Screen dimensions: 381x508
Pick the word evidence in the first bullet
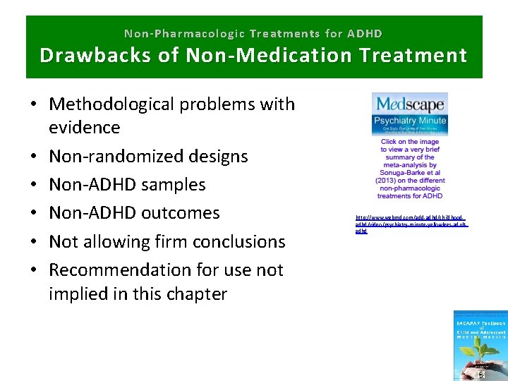pyautogui.click(x=84, y=128)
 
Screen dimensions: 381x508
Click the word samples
pyautogui.click(x=172, y=185)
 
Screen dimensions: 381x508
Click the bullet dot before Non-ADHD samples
pyautogui.click(x=34, y=186)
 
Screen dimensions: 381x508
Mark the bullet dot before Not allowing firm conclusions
pyautogui.click(x=34, y=242)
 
